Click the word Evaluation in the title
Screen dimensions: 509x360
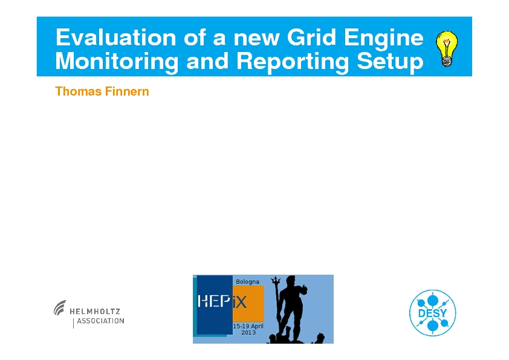click(x=116, y=38)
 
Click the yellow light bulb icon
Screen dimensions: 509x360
click(x=447, y=48)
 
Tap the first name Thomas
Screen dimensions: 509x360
click(x=78, y=91)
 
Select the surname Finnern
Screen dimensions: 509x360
click(x=127, y=91)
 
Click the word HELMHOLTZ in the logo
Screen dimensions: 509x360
click(x=95, y=311)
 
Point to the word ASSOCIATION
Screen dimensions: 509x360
click(x=100, y=321)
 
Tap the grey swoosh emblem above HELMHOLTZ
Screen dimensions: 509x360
click(x=60, y=307)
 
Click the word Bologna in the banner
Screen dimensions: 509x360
click(x=247, y=282)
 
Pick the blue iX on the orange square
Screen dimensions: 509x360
click(x=239, y=303)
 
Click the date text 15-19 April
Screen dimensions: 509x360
click(x=248, y=326)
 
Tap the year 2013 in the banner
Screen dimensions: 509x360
click(x=248, y=332)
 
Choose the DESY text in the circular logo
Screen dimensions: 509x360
click(x=432, y=313)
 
